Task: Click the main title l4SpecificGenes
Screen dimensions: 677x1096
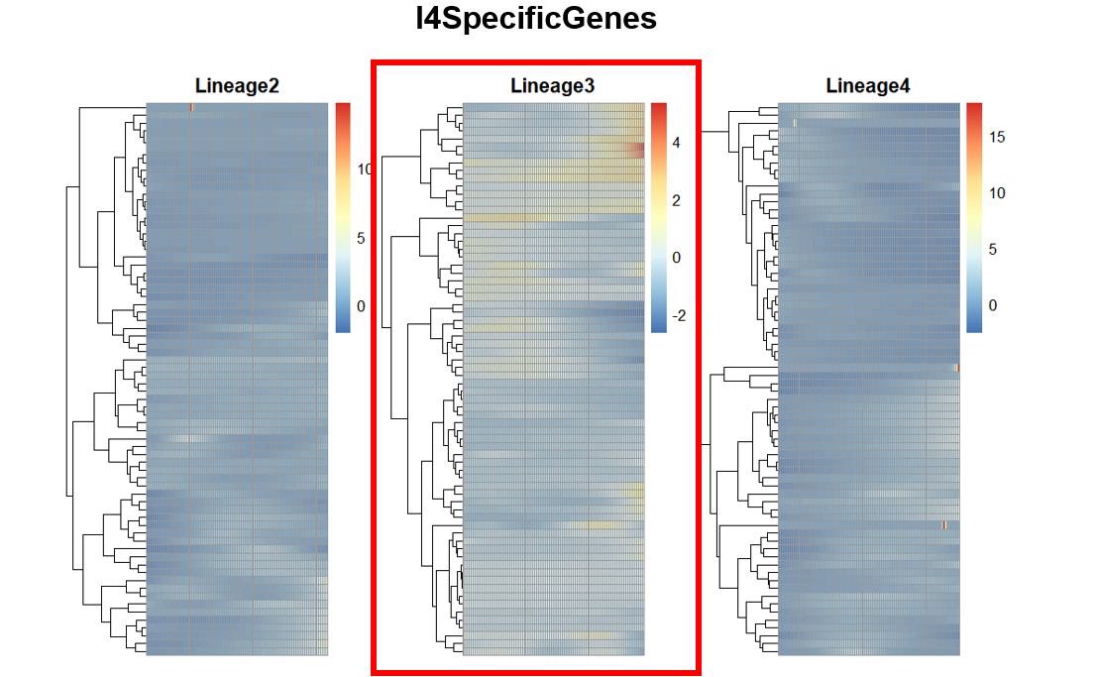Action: (536, 19)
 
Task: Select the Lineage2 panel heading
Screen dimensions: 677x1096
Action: (237, 86)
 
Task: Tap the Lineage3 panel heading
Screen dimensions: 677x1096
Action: (553, 86)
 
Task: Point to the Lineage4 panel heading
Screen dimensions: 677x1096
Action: (868, 86)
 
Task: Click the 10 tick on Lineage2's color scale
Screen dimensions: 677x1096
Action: (364, 169)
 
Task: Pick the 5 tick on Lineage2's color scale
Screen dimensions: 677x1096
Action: (362, 238)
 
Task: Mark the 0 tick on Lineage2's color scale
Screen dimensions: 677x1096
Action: (362, 306)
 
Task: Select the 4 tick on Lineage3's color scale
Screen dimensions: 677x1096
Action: (676, 143)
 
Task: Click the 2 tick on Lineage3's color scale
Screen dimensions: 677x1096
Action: (676, 200)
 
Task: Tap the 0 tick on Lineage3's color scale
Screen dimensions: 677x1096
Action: (676, 258)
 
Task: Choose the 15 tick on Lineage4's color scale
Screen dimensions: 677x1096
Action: (996, 138)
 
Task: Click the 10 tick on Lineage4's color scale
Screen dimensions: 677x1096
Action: (996, 193)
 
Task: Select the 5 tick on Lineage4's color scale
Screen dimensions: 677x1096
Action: (993, 250)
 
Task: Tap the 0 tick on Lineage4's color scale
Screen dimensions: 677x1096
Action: (993, 305)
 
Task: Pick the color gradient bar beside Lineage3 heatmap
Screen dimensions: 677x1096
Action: (659, 216)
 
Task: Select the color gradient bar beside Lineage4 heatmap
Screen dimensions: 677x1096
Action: (974, 216)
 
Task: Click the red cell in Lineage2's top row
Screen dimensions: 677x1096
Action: (190, 106)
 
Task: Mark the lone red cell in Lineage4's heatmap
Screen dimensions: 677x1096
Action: (944, 525)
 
